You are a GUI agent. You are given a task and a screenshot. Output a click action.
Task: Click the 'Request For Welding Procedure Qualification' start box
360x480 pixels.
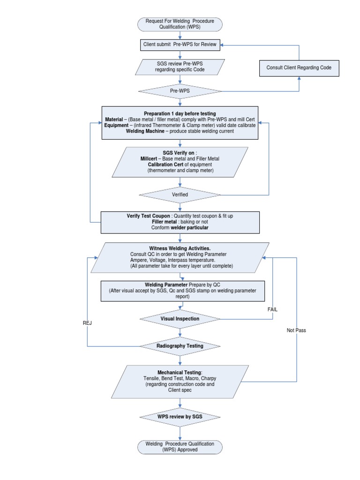coord(180,24)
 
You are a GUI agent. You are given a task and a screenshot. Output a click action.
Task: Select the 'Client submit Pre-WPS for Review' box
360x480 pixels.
coord(180,45)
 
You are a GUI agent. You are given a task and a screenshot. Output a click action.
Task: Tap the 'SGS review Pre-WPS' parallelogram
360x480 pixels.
coord(180,67)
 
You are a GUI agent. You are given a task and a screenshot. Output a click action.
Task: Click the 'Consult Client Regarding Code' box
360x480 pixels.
coord(299,67)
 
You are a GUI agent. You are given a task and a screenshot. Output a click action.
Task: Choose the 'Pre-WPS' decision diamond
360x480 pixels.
coord(180,91)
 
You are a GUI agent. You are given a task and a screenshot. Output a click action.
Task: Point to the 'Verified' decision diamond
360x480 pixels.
coord(180,195)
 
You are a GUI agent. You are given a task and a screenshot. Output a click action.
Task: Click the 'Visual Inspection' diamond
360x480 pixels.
coord(180,319)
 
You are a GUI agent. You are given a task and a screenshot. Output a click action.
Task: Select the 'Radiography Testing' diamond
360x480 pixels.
coord(180,346)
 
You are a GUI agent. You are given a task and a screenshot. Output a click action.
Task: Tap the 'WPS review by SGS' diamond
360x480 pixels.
coord(180,416)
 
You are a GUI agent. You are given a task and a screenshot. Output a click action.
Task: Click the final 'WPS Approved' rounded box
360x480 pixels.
coord(180,446)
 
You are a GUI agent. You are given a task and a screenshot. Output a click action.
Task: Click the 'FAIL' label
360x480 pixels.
coord(273,310)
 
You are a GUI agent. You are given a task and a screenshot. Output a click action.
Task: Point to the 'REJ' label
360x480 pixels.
coord(87,322)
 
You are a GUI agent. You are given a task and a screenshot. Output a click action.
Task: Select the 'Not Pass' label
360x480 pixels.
coord(296,330)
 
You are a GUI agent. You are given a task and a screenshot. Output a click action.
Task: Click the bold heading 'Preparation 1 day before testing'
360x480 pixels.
coord(180,114)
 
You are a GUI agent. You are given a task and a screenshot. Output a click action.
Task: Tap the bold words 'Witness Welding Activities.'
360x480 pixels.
coord(173,248)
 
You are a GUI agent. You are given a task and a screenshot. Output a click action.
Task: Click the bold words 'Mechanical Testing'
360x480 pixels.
coord(173,372)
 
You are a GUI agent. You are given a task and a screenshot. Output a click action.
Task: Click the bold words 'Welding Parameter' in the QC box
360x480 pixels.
coord(166,285)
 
